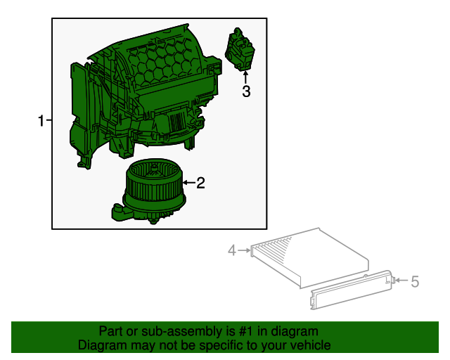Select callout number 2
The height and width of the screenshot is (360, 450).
[200, 183]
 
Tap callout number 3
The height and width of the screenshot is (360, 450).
[246, 91]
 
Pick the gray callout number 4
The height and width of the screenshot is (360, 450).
[231, 250]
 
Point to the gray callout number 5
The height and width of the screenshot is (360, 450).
[415, 282]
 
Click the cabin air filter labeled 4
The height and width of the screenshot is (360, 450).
[309, 257]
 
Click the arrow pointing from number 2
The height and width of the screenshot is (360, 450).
[188, 183]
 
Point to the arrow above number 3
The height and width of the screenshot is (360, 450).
[246, 77]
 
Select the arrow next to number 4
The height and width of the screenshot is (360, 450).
[244, 250]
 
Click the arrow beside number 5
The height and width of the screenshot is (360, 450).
[400, 281]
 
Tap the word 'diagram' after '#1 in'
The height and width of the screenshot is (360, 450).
[294, 331]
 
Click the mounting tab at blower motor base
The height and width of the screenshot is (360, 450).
[118, 210]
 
